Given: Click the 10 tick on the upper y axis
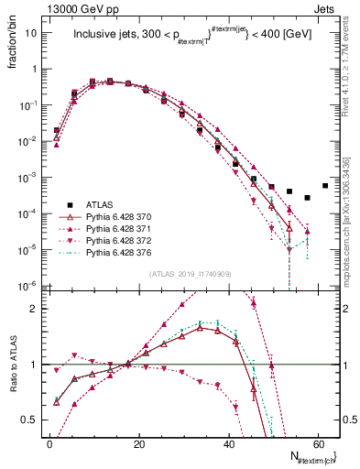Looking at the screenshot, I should coord(32,33).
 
